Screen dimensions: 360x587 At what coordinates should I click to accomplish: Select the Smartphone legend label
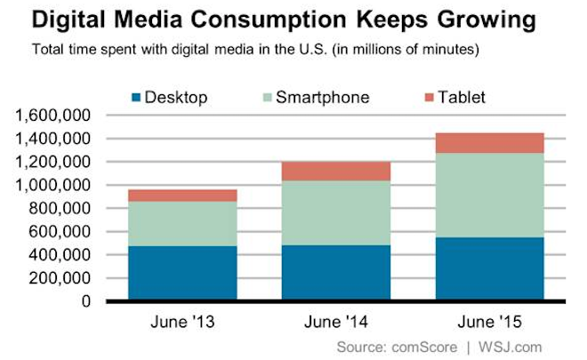325,97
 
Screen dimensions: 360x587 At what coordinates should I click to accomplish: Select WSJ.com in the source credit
510,345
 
